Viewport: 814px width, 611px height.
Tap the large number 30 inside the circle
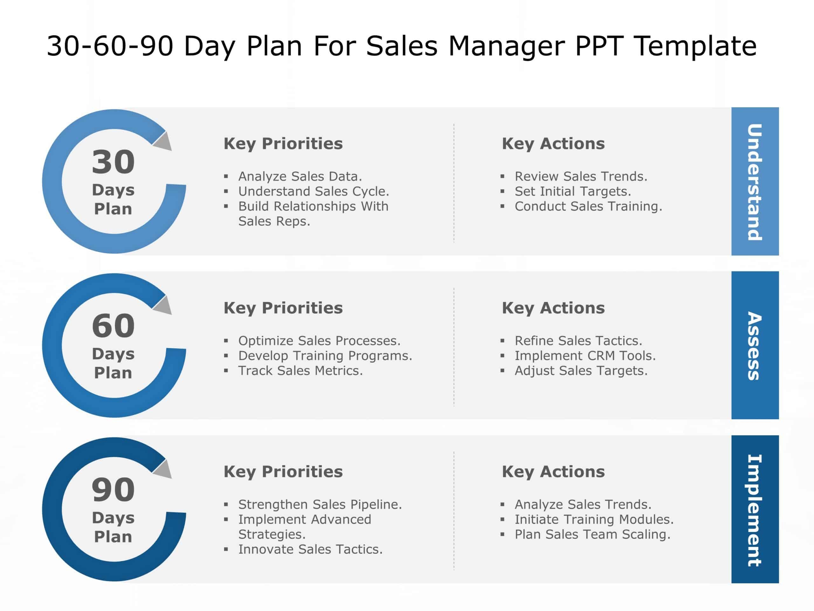[x=113, y=162]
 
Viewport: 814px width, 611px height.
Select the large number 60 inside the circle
[x=113, y=326]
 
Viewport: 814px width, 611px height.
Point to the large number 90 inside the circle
[x=113, y=489]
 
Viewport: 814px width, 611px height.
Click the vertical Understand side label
[x=755, y=182]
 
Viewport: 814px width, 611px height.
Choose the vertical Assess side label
[x=755, y=346]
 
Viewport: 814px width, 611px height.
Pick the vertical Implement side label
[x=755, y=510]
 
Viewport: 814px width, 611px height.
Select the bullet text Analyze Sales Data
[x=300, y=176]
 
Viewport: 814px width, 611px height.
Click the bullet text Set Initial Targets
[x=573, y=192]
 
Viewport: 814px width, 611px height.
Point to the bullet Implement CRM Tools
[x=585, y=356]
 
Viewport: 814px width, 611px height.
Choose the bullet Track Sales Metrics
[x=300, y=370]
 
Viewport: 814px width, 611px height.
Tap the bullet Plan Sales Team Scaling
[x=592, y=534]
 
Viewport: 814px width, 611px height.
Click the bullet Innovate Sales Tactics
[x=310, y=549]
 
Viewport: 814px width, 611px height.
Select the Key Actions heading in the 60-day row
[x=553, y=308]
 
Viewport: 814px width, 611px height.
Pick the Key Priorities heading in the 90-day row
[x=283, y=472]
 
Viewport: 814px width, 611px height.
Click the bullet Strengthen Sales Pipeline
[x=320, y=505]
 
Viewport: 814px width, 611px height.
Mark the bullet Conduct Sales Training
[x=588, y=207]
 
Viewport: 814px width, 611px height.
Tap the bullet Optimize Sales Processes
[x=319, y=341]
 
